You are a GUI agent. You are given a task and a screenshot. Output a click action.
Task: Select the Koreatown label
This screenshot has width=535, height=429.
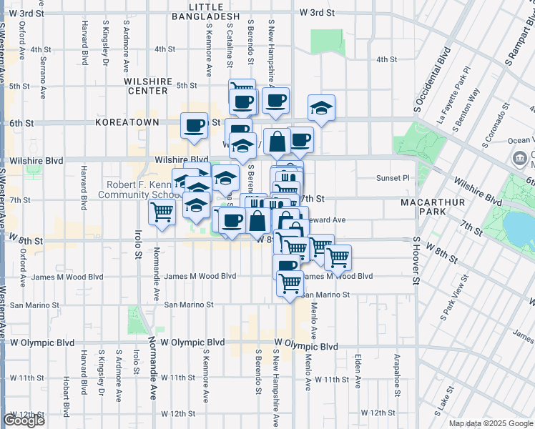[x=126, y=123]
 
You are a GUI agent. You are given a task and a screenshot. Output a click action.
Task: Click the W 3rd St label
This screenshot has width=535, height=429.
[x=318, y=13]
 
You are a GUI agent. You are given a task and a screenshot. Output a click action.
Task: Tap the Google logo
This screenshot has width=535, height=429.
[x=24, y=420]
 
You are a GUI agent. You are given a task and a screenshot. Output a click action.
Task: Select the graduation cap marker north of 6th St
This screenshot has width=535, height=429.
[x=321, y=109]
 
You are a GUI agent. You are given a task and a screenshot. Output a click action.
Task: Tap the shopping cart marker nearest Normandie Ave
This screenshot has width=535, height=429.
[x=162, y=212]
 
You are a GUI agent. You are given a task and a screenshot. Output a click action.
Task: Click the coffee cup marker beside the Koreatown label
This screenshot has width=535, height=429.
[x=195, y=126]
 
